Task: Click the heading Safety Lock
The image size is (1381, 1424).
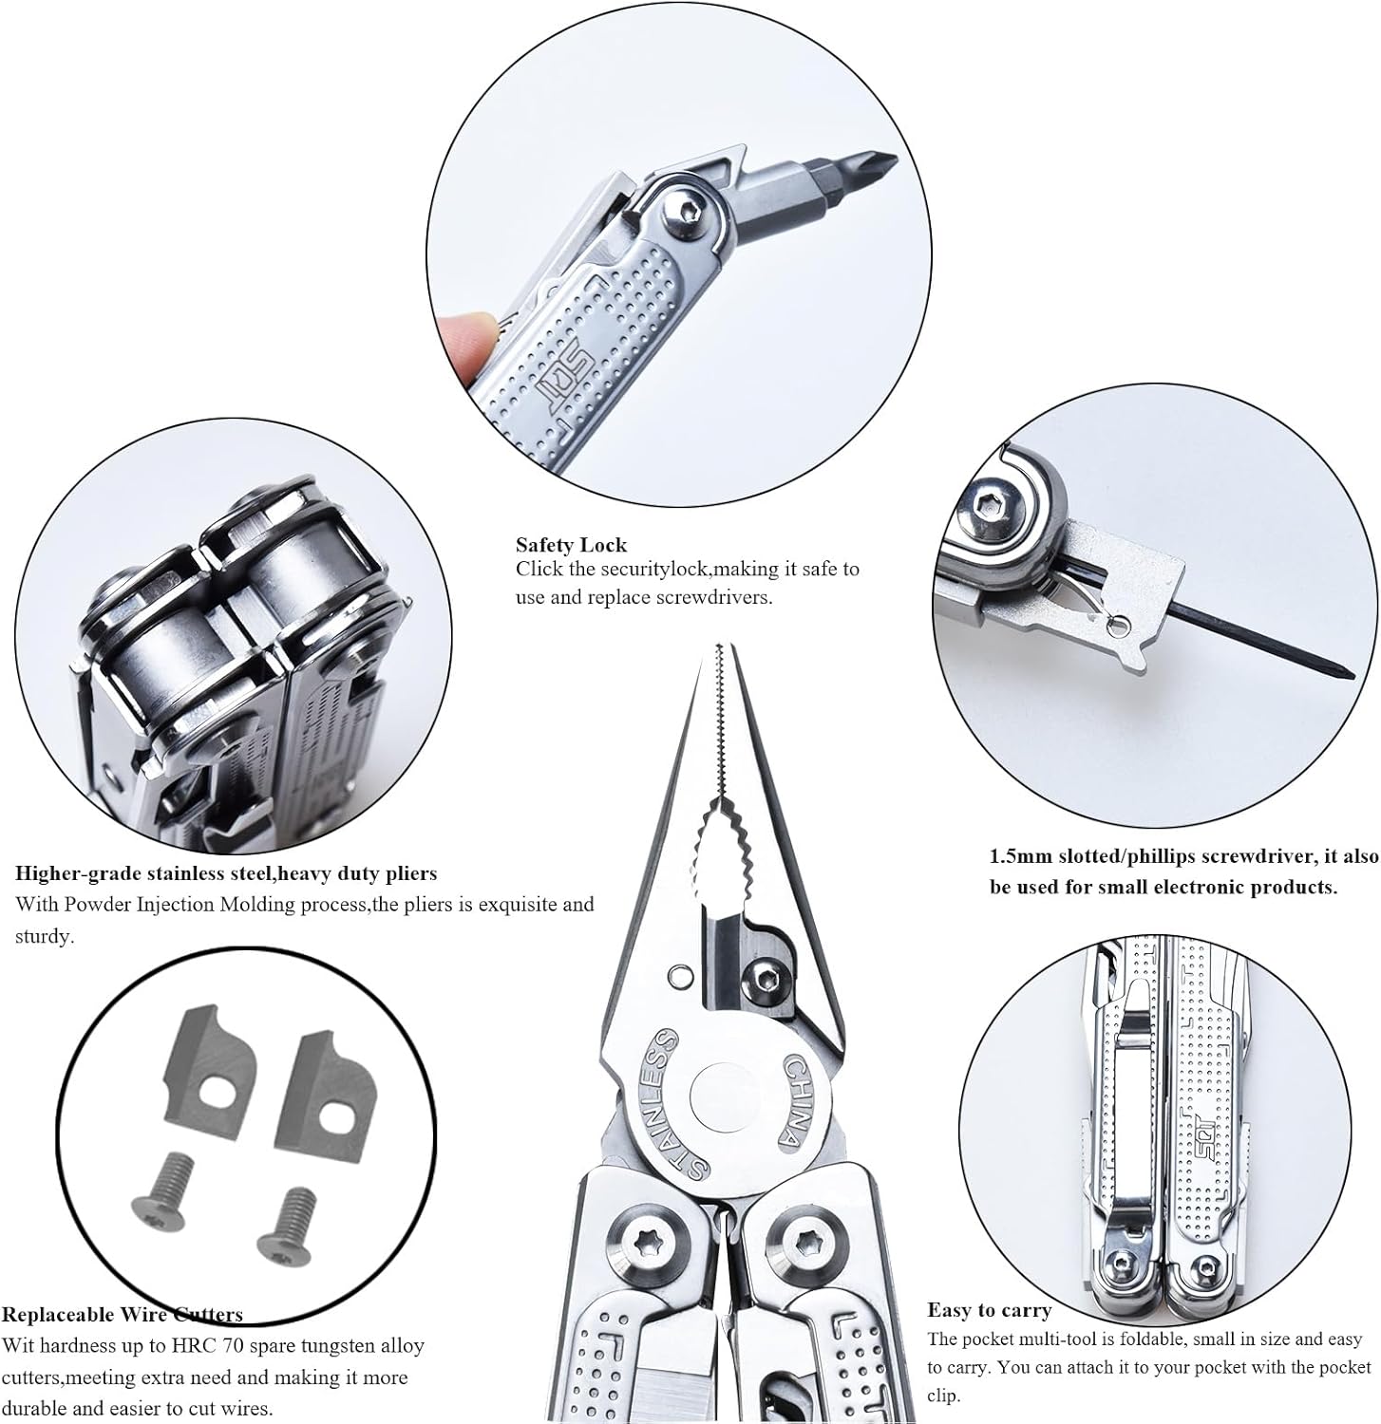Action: (571, 545)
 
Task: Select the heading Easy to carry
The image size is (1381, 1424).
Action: (989, 1311)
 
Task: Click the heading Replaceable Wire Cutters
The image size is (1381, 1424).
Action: (122, 1315)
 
